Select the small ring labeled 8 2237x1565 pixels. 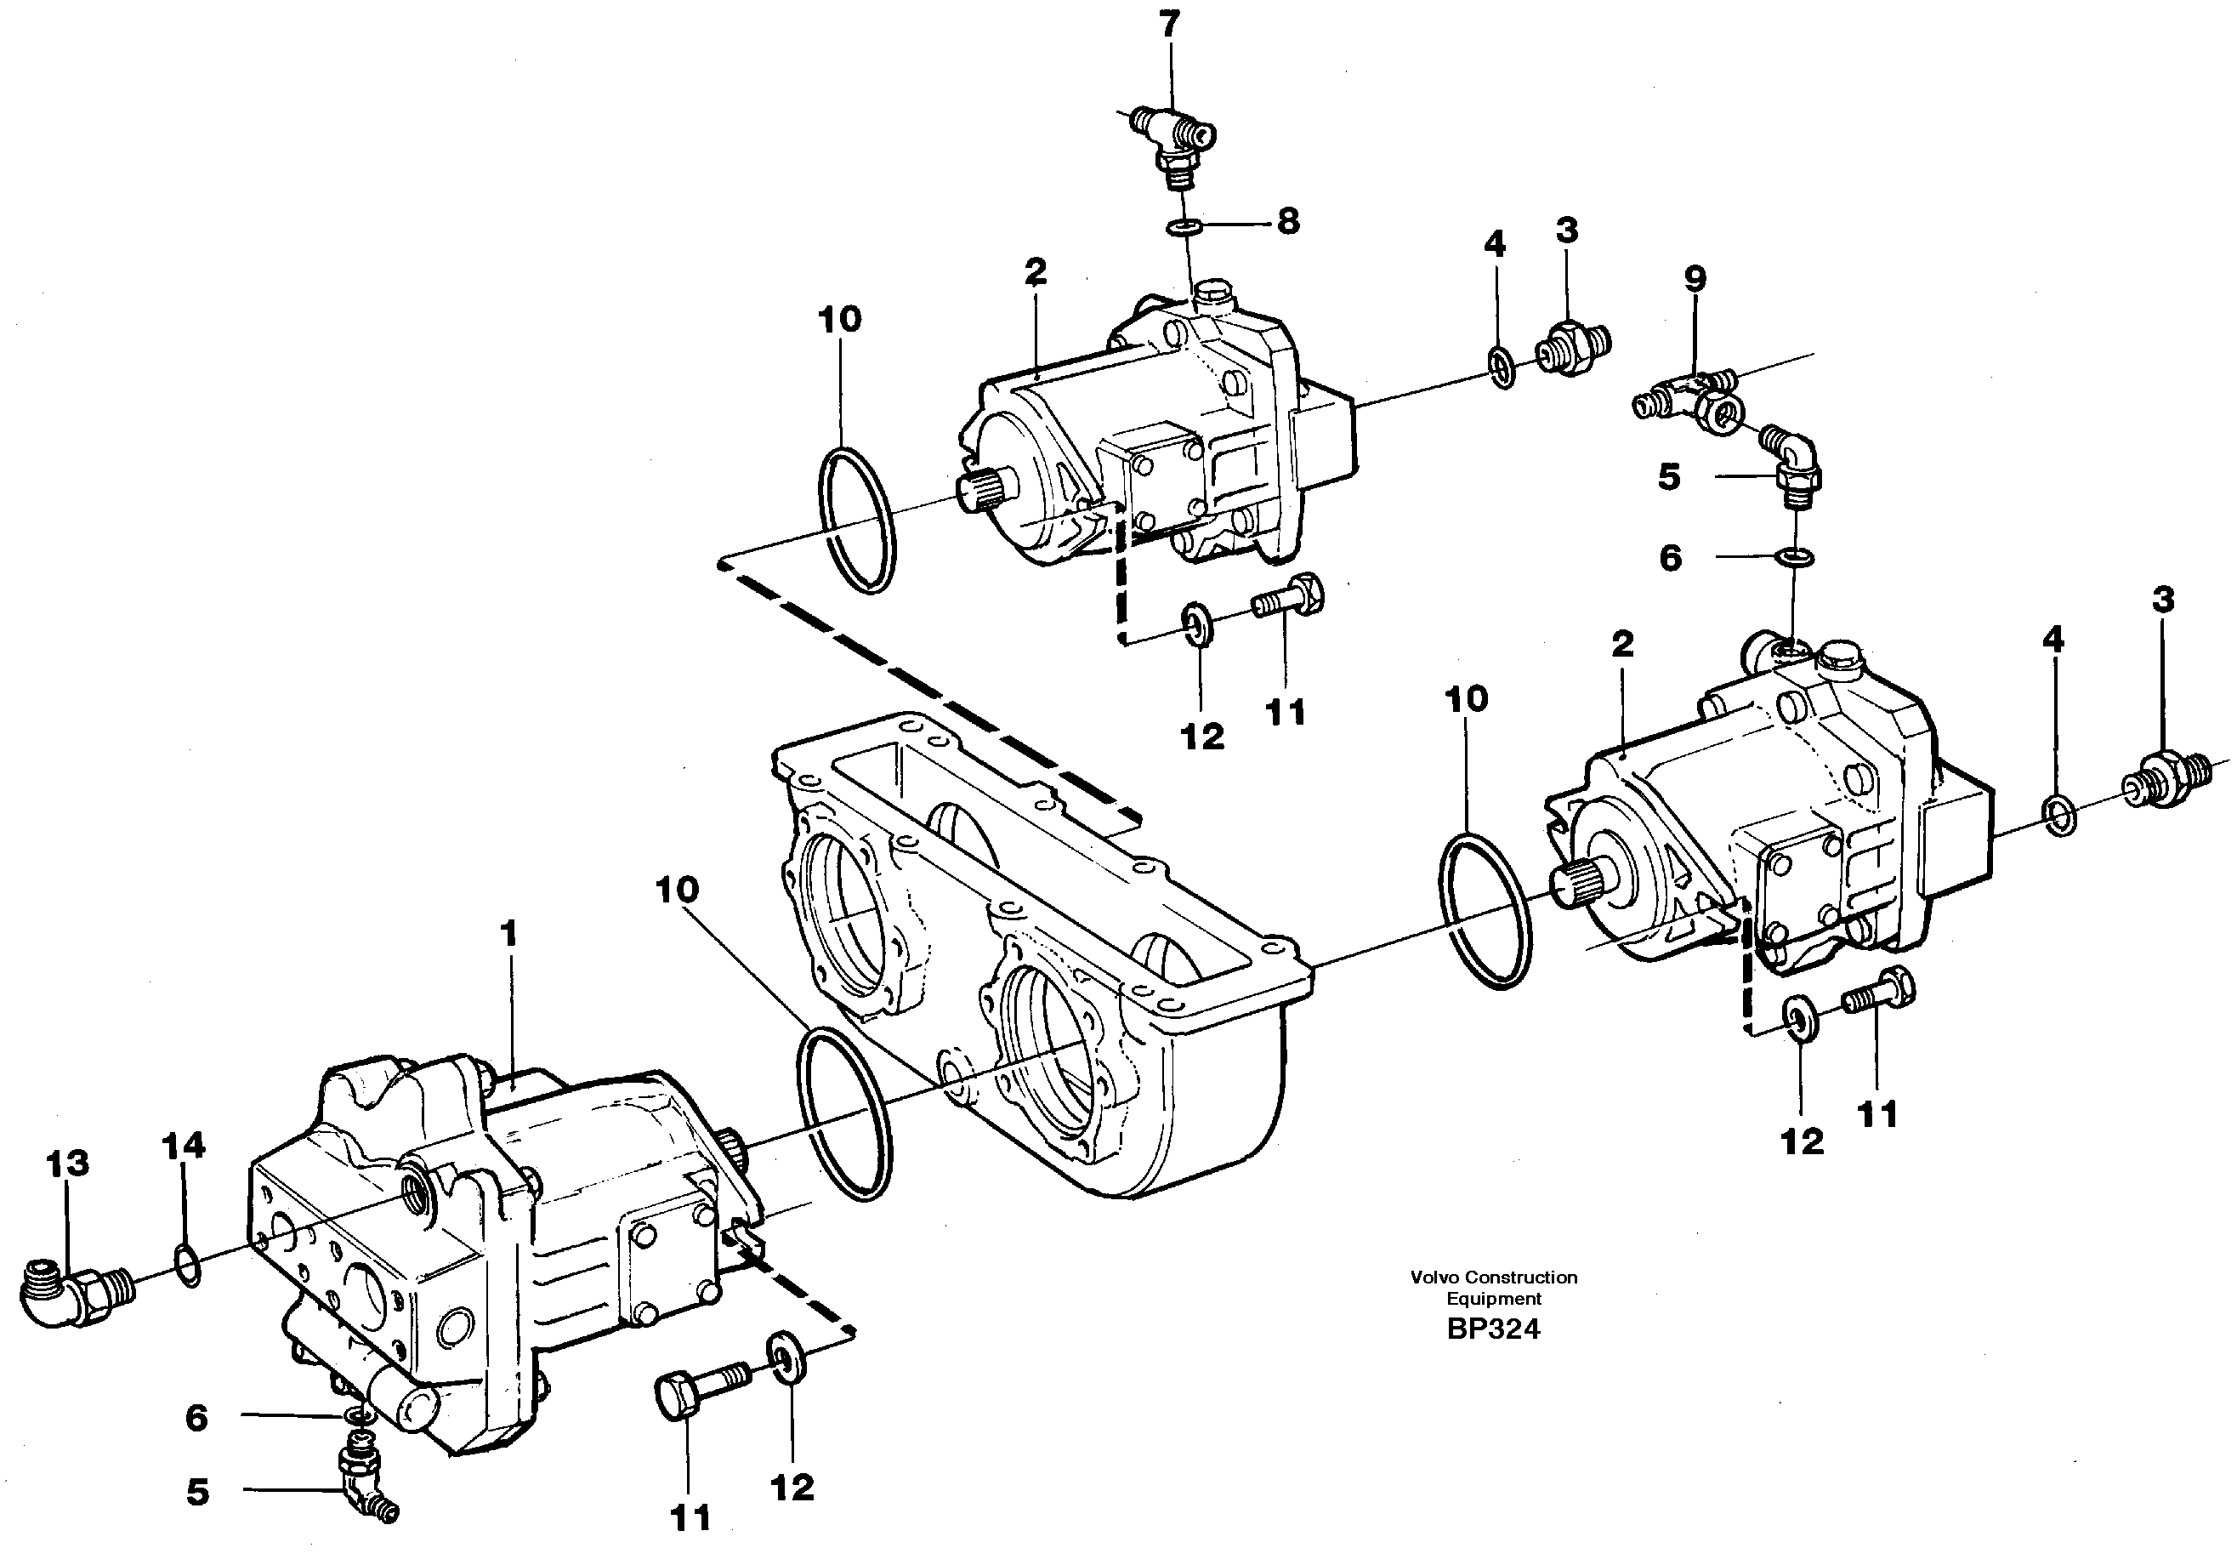pos(1184,229)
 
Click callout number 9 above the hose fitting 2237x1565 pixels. pos(1695,280)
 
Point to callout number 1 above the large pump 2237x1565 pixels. pos(508,935)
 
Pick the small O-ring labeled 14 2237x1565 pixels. pos(189,1265)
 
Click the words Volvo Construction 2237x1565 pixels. pos(1493,1278)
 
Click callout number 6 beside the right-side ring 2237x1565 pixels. pos(1670,558)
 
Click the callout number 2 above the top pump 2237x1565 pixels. pos(1035,272)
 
